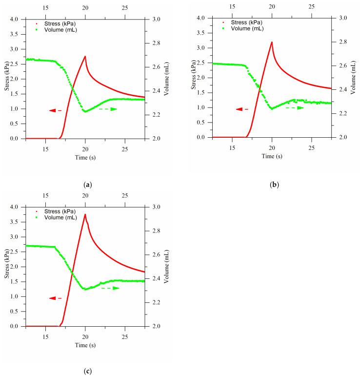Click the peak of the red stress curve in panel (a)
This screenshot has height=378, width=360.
pos(85,56)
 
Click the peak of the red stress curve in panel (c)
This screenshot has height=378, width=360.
pos(85,214)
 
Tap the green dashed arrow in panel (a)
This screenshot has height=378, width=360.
pos(108,109)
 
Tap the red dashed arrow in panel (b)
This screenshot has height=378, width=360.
pos(242,109)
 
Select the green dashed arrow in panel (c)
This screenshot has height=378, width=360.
pos(110,288)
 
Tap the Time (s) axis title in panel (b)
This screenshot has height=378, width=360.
pos(272,156)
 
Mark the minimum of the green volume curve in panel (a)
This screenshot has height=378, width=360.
pos(85,111)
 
